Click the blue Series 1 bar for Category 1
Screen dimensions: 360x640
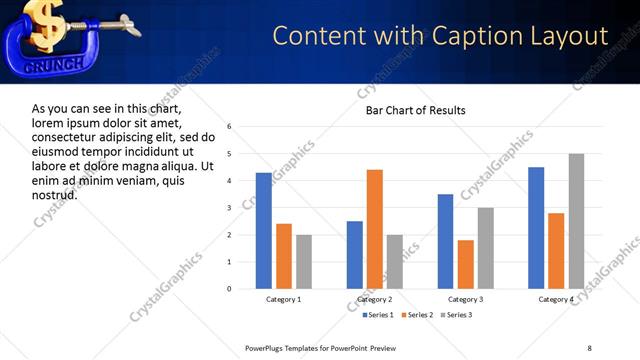(264, 231)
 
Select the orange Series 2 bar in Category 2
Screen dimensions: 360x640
(375, 229)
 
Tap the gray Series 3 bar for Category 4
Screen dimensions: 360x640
(576, 221)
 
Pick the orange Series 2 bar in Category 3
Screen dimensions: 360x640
(465, 264)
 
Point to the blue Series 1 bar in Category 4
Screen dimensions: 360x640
(536, 228)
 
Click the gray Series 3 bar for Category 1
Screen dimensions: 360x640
(304, 262)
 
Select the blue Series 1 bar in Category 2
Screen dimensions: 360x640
(355, 255)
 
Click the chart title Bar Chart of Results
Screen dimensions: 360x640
(415, 110)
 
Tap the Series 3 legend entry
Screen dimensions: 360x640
(456, 315)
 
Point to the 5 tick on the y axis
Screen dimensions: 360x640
(230, 154)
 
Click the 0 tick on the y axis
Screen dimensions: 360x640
(230, 289)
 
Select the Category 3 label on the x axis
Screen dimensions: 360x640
(465, 299)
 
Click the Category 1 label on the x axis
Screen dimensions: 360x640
(284, 299)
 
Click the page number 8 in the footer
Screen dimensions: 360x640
(589, 347)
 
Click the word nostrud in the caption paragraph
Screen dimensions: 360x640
(55, 195)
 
